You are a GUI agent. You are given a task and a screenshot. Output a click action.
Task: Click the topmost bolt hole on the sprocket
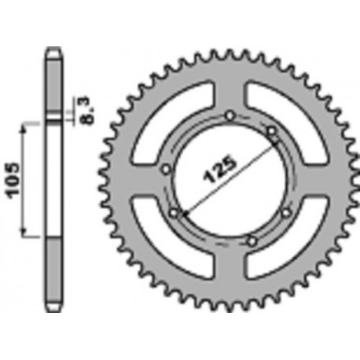pyautogui.click(x=229, y=117)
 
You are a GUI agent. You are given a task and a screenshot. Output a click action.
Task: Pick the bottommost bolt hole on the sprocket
pyautogui.click(x=251, y=240)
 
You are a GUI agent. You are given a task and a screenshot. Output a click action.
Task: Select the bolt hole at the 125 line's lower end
pyautogui.click(x=174, y=211)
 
